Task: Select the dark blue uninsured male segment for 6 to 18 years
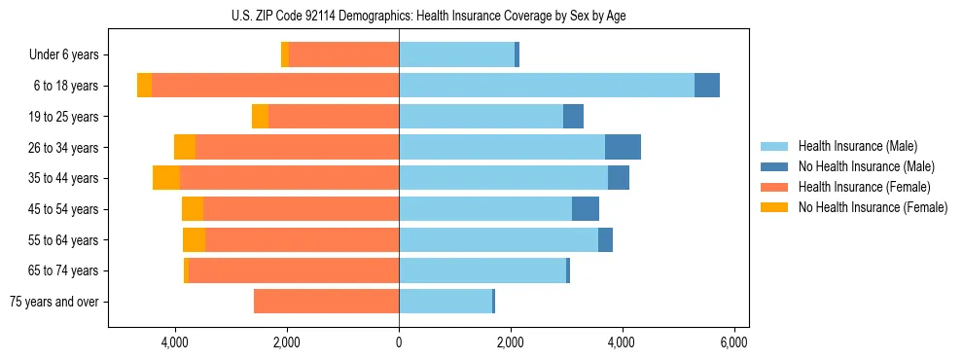707,86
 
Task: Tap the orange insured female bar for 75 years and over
326,302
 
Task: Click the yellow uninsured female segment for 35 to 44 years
166,178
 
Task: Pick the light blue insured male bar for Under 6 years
456,54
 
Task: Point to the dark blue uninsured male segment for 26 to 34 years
623,147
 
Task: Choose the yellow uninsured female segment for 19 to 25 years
260,117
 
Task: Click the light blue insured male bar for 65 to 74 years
482,270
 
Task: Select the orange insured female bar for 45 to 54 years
301,209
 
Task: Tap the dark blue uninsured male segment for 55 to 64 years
605,239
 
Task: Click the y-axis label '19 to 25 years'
63,117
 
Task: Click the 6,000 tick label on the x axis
733,343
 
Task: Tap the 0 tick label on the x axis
399,343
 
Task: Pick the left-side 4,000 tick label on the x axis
175,343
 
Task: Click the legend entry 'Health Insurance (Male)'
857,146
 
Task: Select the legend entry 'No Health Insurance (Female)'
873,207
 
